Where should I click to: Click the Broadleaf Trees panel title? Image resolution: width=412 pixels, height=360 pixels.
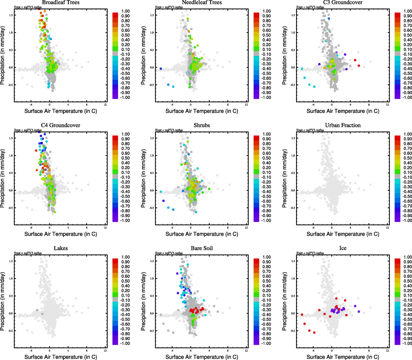point(61,2)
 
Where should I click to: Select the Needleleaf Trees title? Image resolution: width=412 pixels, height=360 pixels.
point(202,2)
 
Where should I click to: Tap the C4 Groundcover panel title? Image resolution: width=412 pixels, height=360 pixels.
point(61,125)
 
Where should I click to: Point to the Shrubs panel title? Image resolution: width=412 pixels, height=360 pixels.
point(202,125)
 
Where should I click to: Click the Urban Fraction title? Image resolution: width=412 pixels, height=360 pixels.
point(343,125)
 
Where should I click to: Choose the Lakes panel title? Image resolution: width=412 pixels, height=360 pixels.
point(61,248)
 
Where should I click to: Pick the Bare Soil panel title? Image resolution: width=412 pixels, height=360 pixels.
point(202,248)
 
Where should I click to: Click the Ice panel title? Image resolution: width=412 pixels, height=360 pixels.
point(343,248)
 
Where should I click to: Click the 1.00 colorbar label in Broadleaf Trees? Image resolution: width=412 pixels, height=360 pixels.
point(126,11)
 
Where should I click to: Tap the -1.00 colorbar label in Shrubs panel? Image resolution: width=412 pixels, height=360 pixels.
point(266,220)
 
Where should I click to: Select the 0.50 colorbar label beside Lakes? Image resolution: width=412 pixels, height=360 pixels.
point(126,281)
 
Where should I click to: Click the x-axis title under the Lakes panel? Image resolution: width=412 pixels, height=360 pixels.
point(61,357)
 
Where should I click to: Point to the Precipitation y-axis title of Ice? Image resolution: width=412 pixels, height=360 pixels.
point(285,301)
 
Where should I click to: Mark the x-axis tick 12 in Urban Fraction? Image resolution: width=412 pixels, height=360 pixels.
point(387,228)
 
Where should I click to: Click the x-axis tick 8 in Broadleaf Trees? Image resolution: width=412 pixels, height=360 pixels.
point(87,105)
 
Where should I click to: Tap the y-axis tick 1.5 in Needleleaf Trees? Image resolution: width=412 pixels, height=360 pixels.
point(152,15)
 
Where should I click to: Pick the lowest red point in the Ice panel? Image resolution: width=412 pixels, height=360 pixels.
point(314,332)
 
